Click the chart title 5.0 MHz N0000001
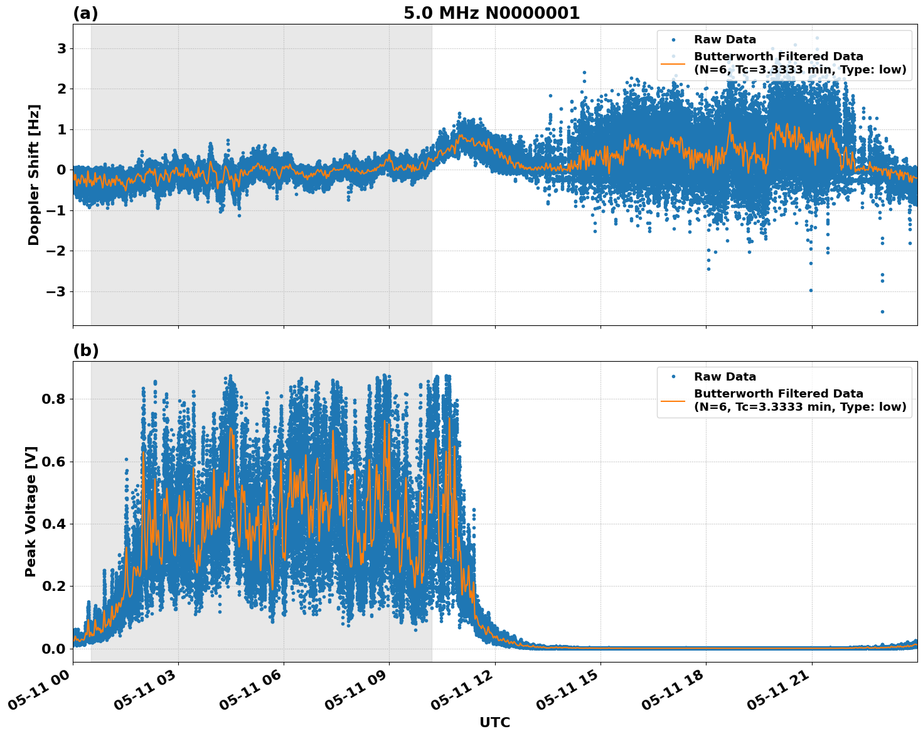[x=491, y=13]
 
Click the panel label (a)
[x=85, y=13]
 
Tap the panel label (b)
[x=85, y=350]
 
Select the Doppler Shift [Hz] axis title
[x=34, y=175]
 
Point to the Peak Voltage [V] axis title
[x=31, y=511]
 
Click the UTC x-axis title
[x=494, y=722]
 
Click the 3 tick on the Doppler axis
[x=61, y=48]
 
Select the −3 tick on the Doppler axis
[x=57, y=291]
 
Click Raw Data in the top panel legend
[x=725, y=40]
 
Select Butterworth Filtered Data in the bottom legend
[x=778, y=394]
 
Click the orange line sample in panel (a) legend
[x=673, y=63]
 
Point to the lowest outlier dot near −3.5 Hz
[x=882, y=311]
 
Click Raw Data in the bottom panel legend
[x=725, y=377]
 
